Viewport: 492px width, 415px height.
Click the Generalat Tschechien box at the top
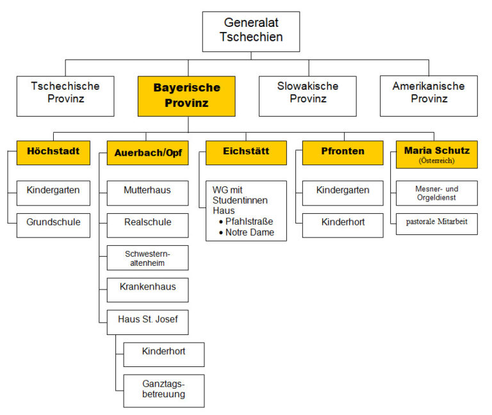coord(251,31)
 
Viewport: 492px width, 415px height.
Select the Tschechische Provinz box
coord(66,93)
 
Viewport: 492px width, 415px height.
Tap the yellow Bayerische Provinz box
coord(186,95)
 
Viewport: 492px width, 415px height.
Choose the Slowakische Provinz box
coord(307,93)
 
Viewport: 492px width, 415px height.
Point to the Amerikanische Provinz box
coord(429,93)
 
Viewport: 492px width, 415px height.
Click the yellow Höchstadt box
coord(53,152)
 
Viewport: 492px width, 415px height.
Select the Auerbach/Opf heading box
coord(147,153)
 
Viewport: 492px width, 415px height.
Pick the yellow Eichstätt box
coord(246,152)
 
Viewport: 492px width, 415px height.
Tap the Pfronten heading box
coord(343,152)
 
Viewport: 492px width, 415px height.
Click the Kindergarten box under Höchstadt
coord(53,191)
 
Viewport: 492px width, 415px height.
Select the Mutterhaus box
coord(147,191)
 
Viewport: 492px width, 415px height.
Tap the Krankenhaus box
coord(147,289)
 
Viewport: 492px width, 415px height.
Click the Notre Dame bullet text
coord(250,232)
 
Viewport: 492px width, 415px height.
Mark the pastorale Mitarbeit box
coord(436,223)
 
